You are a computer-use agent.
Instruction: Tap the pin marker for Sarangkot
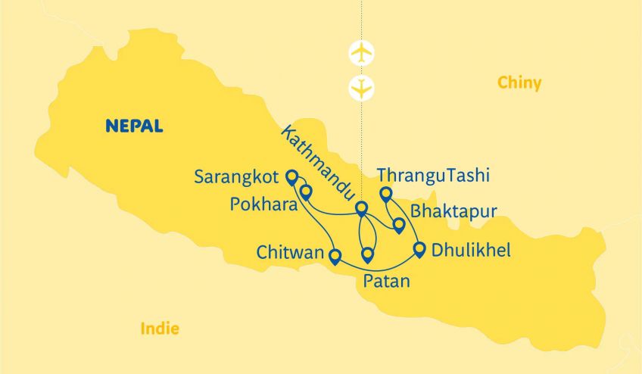[x=291, y=176]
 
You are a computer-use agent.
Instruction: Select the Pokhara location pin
[x=306, y=192]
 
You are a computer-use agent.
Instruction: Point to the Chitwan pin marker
[x=335, y=256]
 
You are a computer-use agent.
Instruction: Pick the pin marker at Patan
[x=368, y=254]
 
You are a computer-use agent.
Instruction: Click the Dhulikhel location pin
[x=419, y=248]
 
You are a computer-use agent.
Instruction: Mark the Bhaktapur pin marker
[x=399, y=224]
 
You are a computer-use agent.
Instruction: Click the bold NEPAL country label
[x=134, y=126]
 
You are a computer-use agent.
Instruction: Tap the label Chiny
[x=519, y=83]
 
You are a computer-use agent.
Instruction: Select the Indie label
[x=160, y=329]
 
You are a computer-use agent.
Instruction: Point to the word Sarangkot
[x=236, y=177]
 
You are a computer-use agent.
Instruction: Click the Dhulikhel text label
[x=471, y=249]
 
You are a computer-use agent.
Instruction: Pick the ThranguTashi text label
[x=433, y=176]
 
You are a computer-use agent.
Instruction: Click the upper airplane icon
[x=363, y=52]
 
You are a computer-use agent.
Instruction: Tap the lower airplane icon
[x=363, y=88]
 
